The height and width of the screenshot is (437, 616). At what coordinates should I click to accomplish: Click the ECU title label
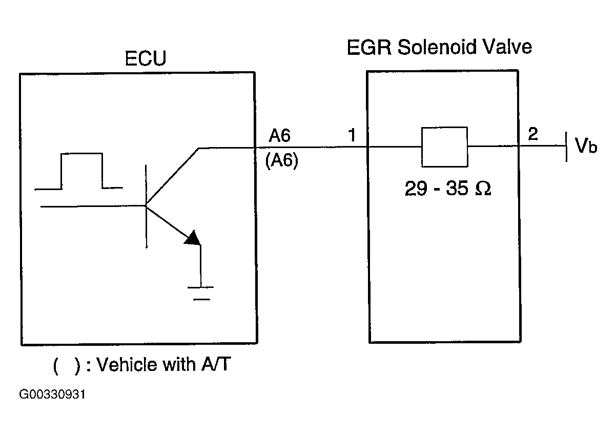[146, 58]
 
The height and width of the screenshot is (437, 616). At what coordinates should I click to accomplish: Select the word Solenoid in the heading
[437, 47]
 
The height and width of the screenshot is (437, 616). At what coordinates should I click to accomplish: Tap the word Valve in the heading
[507, 47]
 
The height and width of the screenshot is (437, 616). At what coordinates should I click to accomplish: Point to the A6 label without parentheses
[279, 135]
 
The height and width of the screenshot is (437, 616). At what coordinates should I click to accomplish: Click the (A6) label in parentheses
[282, 160]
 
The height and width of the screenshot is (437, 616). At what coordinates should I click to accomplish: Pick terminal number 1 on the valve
[352, 135]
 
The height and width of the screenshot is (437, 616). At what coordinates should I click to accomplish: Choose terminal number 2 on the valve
[533, 134]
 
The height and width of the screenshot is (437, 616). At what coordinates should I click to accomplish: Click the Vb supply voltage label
[586, 145]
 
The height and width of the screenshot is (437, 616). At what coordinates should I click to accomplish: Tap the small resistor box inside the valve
[444, 147]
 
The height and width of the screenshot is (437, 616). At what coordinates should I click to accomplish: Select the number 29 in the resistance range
[416, 189]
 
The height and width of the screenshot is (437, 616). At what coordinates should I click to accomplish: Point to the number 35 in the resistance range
[457, 189]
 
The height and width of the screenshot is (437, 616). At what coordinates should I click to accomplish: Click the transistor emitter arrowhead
[193, 238]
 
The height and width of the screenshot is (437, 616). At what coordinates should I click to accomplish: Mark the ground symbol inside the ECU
[201, 293]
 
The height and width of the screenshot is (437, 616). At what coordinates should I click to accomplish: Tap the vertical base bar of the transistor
[146, 206]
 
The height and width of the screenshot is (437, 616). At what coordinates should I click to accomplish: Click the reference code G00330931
[52, 394]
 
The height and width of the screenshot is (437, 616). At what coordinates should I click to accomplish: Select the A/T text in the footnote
[216, 364]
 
